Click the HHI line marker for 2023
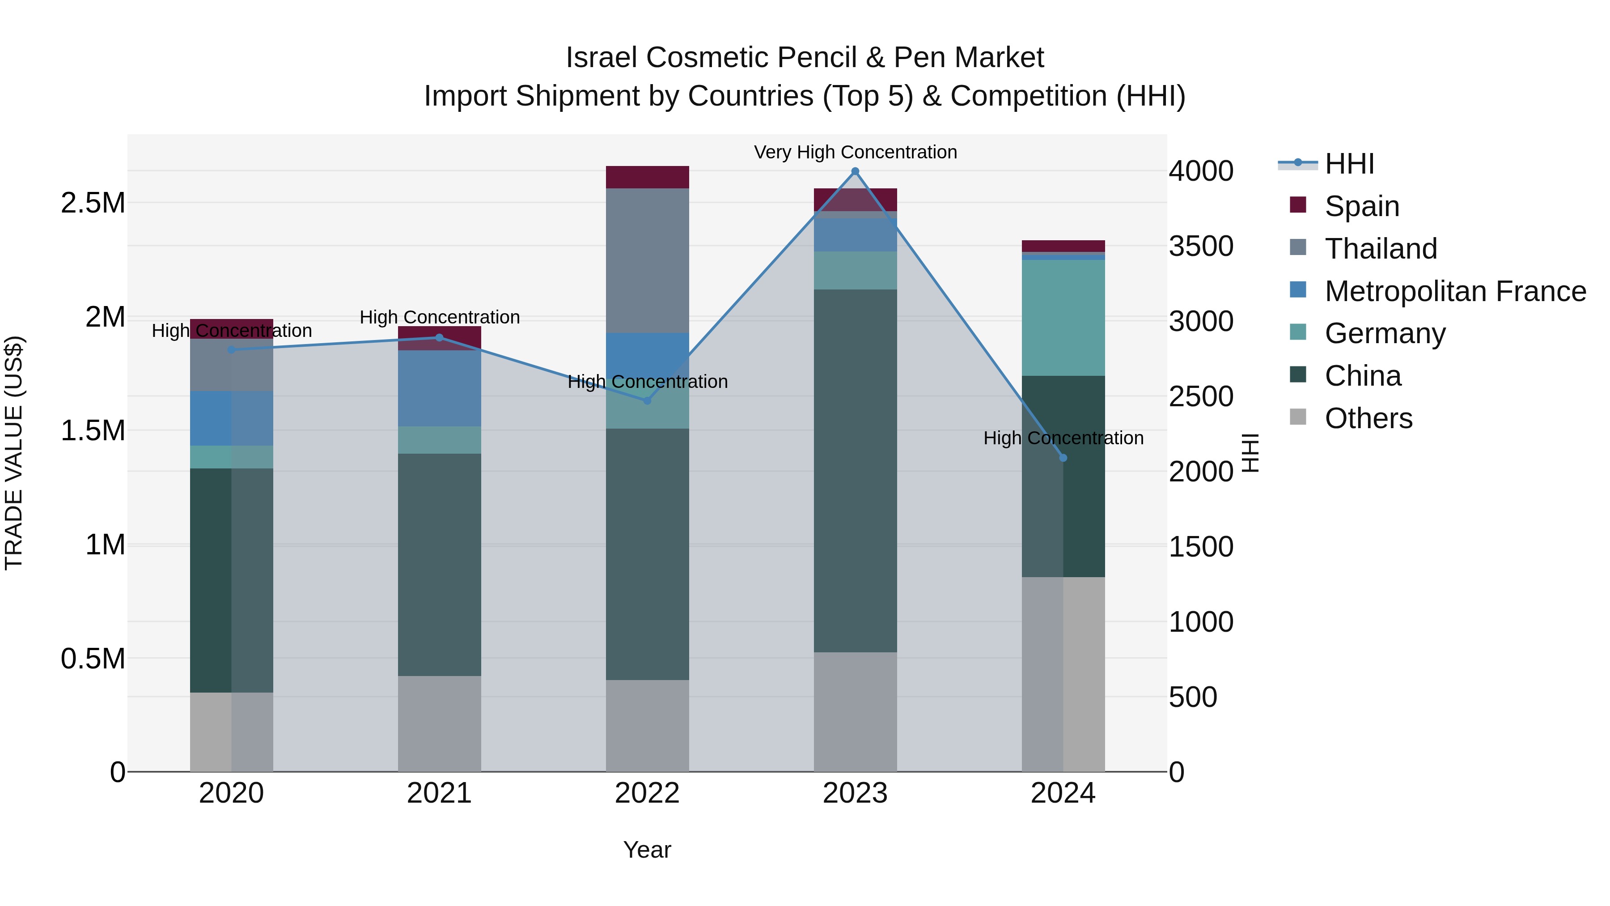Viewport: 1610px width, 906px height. click(855, 171)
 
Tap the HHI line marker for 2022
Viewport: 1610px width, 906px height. click(647, 401)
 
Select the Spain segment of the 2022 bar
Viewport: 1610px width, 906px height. click(647, 177)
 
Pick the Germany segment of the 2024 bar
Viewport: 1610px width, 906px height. click(1063, 317)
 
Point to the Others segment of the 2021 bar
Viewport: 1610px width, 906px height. click(439, 723)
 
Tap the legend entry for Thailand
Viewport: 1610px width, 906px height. click(1380, 249)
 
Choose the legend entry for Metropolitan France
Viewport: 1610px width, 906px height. click(1454, 291)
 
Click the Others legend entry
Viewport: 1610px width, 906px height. click(1368, 418)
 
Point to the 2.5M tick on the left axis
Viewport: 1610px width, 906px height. click(93, 203)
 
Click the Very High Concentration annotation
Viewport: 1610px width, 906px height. click(855, 152)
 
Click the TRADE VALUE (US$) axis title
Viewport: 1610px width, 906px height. click(14, 453)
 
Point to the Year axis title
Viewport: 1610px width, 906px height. click(647, 850)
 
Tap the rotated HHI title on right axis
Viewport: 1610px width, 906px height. click(1250, 453)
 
